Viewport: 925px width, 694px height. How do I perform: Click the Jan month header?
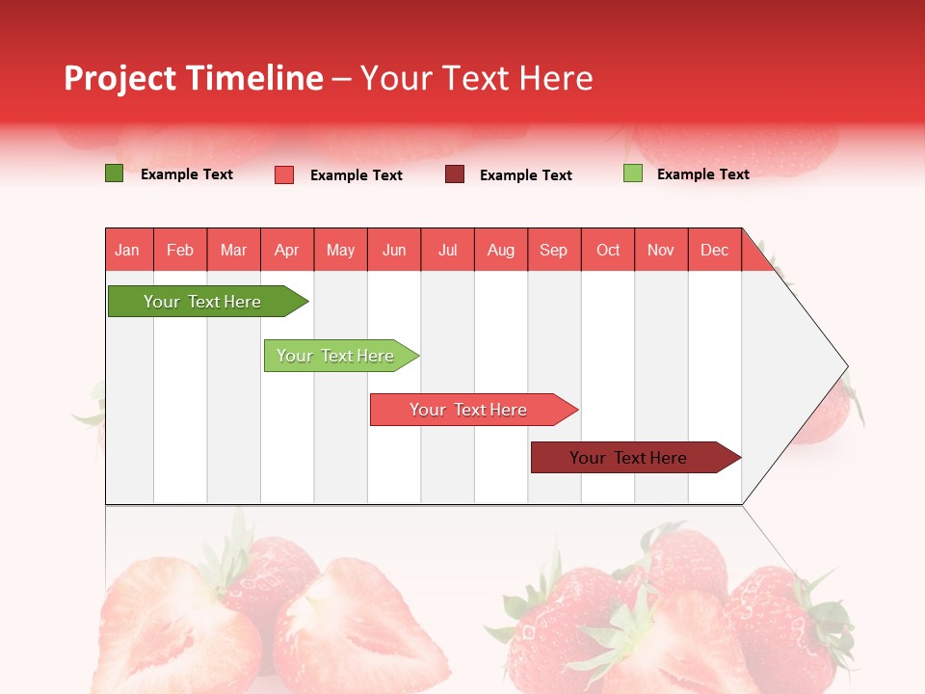pyautogui.click(x=128, y=250)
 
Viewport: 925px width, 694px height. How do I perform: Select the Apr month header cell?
pyautogui.click(x=287, y=250)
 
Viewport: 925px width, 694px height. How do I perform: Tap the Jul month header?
pyautogui.click(x=447, y=250)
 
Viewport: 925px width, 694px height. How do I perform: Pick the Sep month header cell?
pyautogui.click(x=554, y=250)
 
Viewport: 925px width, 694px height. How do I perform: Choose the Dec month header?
pyautogui.click(x=714, y=250)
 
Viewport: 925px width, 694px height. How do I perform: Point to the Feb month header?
pyautogui.click(x=180, y=250)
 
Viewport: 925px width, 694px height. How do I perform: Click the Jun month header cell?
pyautogui.click(x=394, y=250)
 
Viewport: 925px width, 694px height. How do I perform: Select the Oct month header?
pyautogui.click(x=608, y=250)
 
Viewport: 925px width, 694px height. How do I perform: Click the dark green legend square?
pyautogui.click(x=115, y=173)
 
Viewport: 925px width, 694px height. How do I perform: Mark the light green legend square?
pyautogui.click(x=633, y=173)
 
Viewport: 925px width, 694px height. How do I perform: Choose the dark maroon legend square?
pyautogui.click(x=455, y=173)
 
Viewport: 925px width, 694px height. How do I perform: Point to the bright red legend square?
pyautogui.click(x=284, y=174)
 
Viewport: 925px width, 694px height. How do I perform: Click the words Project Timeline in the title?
pyautogui.click(x=194, y=78)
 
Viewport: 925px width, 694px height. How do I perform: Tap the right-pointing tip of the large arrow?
pyautogui.click(x=844, y=366)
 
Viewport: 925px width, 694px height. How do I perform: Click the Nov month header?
pyautogui.click(x=661, y=250)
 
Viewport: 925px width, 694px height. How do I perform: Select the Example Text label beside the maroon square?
pyautogui.click(x=525, y=175)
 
